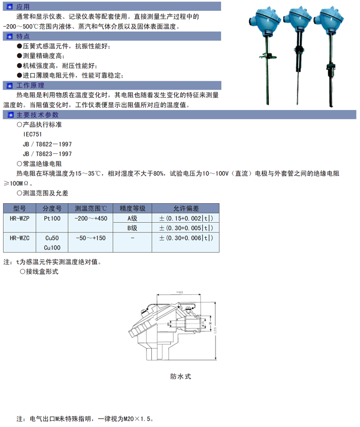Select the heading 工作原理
point(30,85)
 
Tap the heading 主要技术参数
point(38,115)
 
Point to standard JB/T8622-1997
point(47,144)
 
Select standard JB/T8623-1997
point(47,154)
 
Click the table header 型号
point(20,208)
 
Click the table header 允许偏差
point(186,208)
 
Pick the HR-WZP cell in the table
point(20,218)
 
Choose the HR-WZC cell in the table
point(20,238)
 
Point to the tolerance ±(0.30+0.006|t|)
point(186,238)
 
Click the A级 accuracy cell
point(133,218)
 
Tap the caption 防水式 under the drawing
point(181,376)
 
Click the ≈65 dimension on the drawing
point(179,292)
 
